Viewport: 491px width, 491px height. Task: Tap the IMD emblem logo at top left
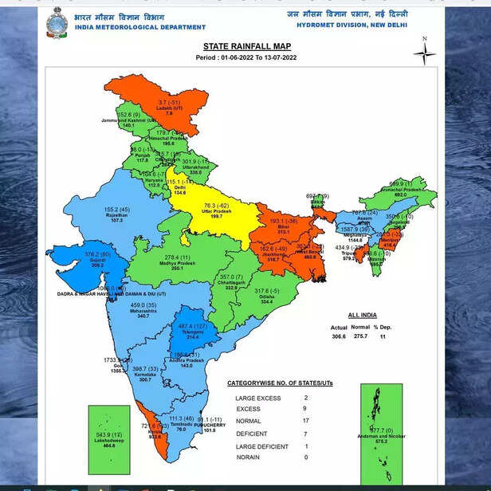(57, 20)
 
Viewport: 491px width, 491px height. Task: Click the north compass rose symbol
(425, 53)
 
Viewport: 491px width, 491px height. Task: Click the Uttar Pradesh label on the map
(214, 211)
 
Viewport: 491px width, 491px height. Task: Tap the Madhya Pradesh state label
(183, 263)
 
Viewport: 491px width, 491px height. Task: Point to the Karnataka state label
(143, 374)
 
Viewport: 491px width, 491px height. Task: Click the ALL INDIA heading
(363, 316)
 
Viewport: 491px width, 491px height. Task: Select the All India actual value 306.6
(339, 337)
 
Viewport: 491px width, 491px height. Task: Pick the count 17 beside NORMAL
(304, 421)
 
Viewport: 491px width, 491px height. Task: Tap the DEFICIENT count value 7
(304, 433)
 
